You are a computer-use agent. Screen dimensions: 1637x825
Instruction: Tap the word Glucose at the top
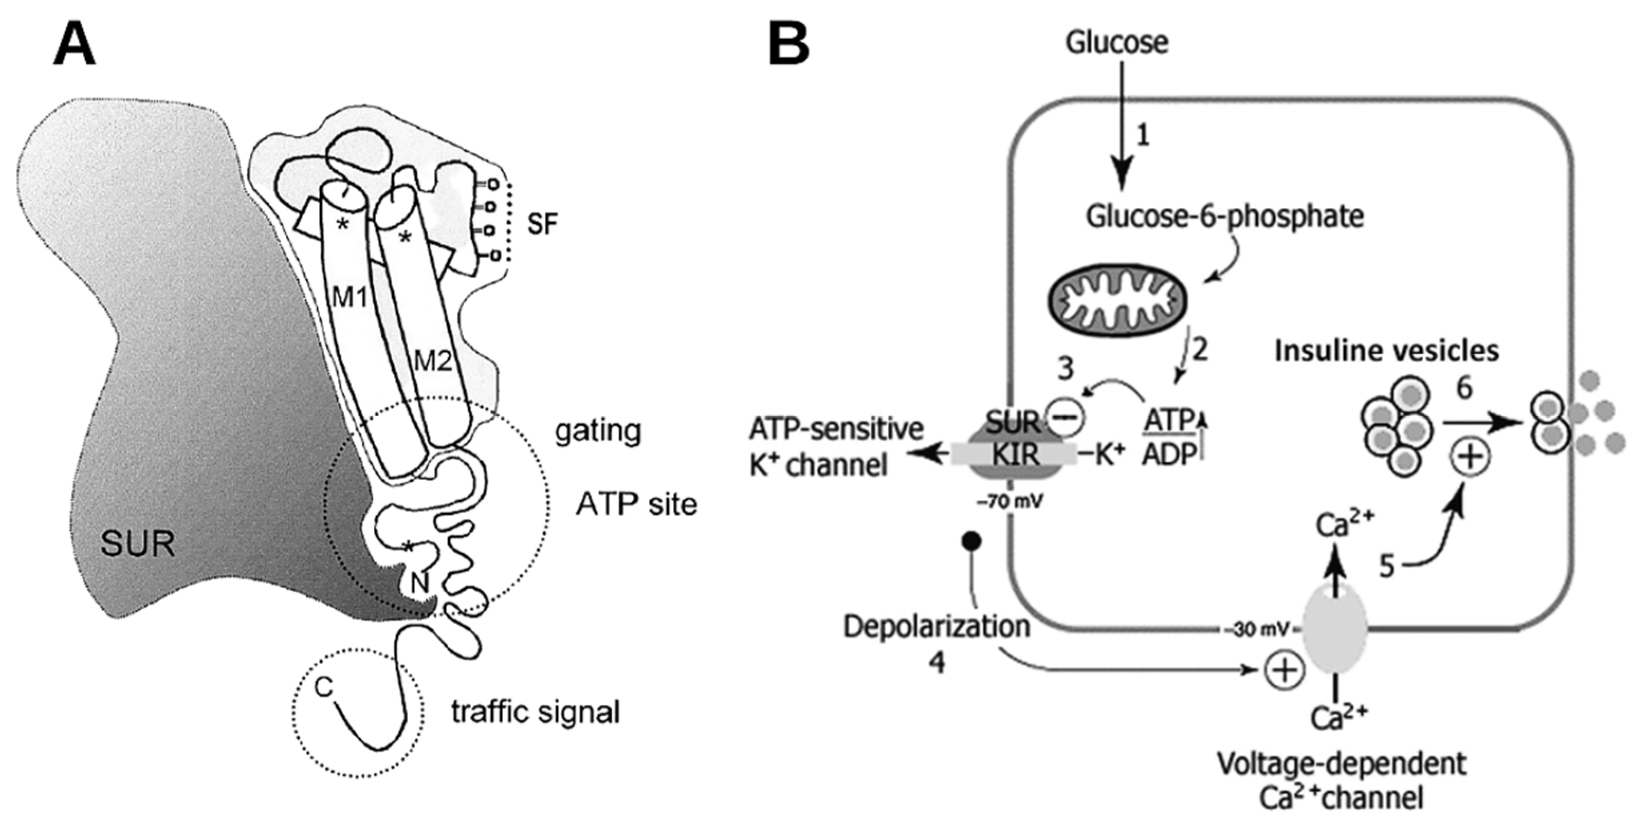1117,43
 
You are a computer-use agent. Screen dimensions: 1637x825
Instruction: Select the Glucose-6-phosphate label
1225,217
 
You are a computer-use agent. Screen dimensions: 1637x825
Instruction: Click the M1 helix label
351,296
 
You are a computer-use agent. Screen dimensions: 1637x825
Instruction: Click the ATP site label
636,505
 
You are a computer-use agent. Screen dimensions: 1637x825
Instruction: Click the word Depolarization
937,626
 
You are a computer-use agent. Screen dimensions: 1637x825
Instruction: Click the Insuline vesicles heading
1387,350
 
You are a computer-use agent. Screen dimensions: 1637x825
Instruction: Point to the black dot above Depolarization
972,542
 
